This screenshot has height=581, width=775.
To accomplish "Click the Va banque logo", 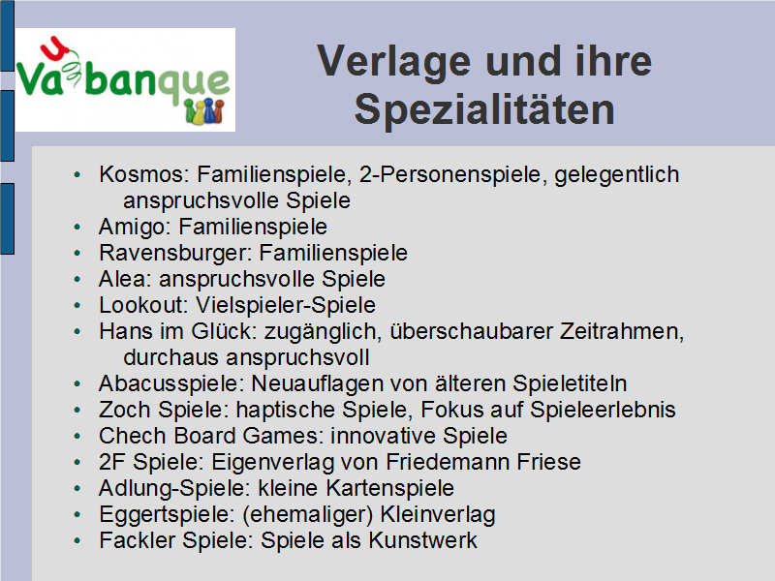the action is point(126,79).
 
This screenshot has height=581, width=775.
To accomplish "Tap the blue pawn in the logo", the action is point(209,110).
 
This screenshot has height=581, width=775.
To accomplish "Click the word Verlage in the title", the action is point(393,62).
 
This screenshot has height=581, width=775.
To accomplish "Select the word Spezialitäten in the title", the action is point(484,109).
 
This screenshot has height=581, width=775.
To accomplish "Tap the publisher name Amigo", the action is point(135,227).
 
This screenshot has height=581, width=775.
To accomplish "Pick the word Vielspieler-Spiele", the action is point(286,305).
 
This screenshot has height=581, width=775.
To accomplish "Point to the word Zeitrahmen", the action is point(622,331).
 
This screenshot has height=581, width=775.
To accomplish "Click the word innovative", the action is point(383,437).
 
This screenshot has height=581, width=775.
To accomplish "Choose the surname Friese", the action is point(548,462).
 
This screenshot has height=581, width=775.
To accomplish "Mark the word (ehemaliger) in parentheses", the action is point(307,515).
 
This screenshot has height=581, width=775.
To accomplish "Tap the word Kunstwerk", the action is point(423,540).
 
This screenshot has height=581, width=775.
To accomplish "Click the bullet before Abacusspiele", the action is point(77,383).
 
